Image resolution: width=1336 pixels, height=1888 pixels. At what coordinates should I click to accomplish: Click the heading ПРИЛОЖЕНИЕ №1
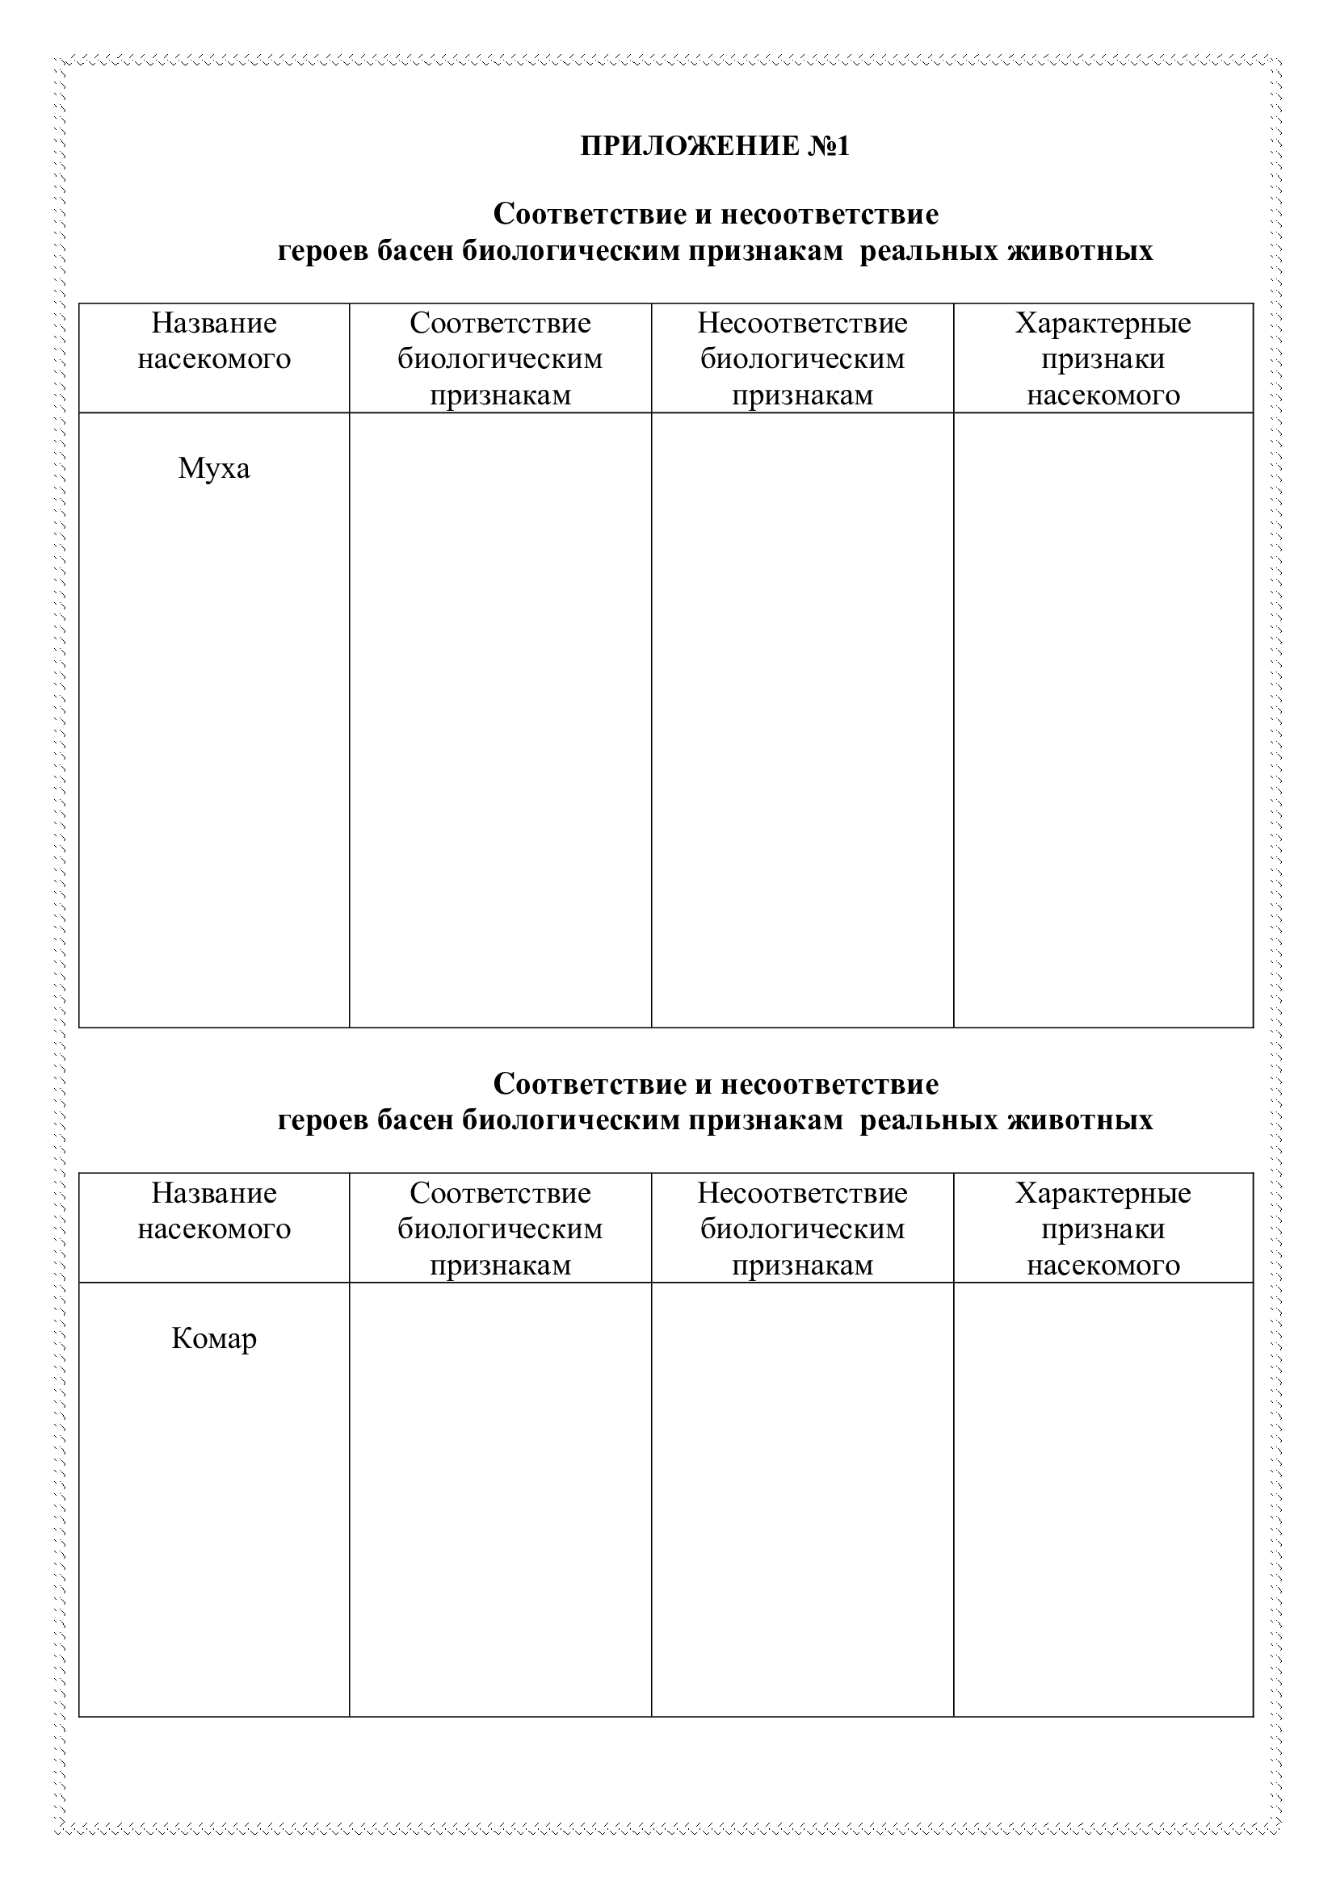tap(714, 145)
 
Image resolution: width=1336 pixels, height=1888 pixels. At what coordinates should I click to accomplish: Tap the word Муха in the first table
tap(214, 469)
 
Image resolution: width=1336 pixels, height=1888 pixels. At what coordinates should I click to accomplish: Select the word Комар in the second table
tap(214, 1338)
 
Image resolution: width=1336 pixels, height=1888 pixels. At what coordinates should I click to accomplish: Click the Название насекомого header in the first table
tap(214, 341)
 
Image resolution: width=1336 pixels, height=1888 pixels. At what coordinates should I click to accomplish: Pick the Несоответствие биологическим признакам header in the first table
tap(802, 358)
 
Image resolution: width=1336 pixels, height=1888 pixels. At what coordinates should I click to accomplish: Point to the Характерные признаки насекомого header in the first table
tap(1103, 358)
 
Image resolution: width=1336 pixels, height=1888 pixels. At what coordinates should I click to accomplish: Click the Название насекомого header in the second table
tap(214, 1212)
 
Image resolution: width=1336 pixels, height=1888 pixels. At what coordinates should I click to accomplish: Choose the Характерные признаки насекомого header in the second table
tap(1103, 1229)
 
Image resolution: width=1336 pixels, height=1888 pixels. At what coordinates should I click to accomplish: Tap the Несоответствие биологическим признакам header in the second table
tap(802, 1229)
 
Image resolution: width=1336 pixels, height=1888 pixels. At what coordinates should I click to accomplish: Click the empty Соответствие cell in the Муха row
tap(500, 719)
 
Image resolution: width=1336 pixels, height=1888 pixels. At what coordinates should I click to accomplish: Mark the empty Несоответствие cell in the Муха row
tap(802, 719)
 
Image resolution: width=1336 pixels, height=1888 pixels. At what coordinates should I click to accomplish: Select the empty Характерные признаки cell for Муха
tap(1103, 719)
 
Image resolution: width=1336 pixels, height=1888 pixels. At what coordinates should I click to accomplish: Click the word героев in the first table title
tap(323, 251)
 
